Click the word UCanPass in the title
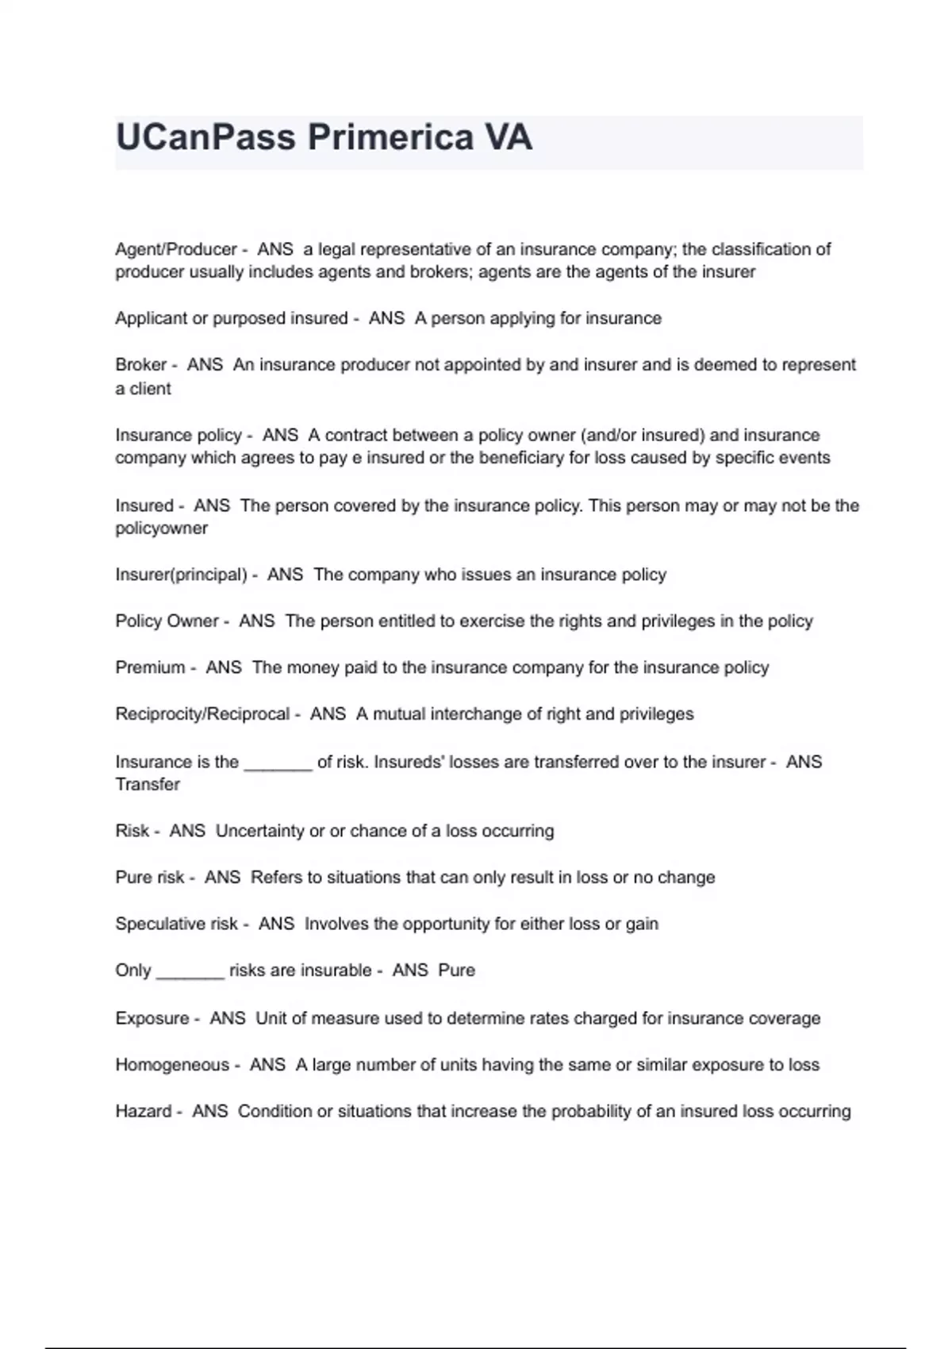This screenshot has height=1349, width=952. (x=205, y=137)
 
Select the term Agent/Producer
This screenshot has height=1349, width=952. (x=175, y=249)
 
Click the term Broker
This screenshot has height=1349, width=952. (x=140, y=365)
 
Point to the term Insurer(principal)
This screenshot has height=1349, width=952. (x=181, y=575)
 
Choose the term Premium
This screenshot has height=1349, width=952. (x=150, y=667)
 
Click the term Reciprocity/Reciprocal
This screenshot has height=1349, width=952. (x=202, y=714)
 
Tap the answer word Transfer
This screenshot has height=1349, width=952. (x=148, y=785)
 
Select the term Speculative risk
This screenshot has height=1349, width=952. (x=176, y=924)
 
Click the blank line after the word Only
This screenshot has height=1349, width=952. (x=190, y=973)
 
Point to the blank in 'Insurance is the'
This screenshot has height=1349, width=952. (x=278, y=765)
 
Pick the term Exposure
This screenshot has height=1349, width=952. (x=152, y=1018)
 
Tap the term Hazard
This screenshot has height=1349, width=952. (x=143, y=1111)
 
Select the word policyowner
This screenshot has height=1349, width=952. (x=161, y=528)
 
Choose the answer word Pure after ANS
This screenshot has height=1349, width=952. (x=456, y=970)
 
